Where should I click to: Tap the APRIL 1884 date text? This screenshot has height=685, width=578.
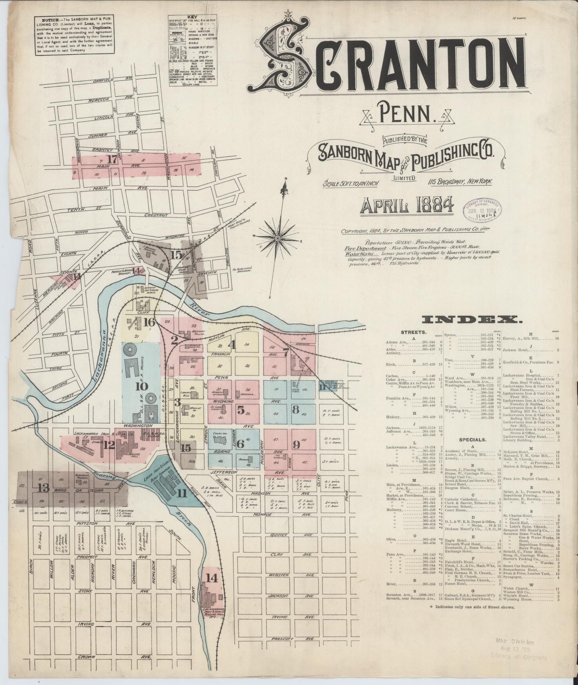point(407,205)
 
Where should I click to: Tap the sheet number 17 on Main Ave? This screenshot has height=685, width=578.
point(112,159)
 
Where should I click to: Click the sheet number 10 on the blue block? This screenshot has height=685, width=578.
point(142,386)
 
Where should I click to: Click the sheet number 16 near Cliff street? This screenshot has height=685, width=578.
point(149,322)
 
